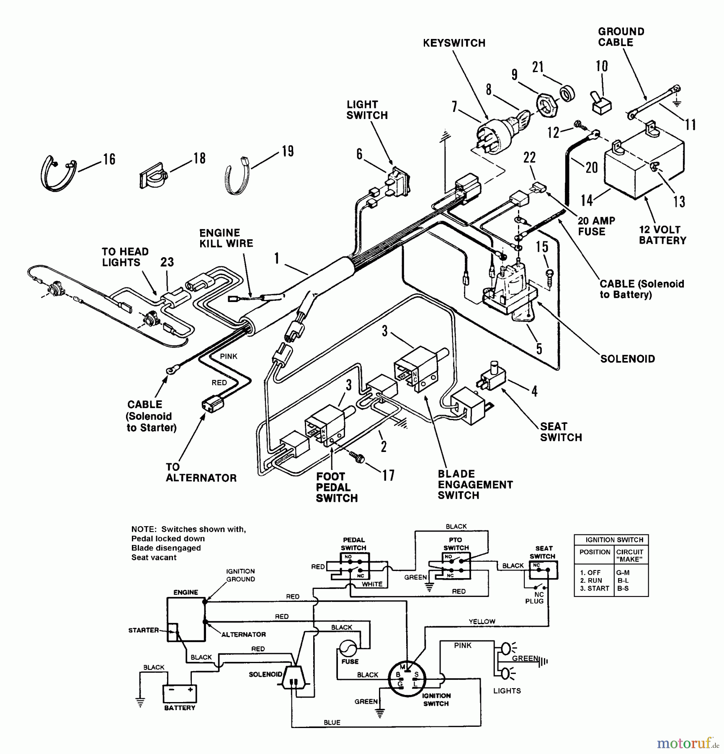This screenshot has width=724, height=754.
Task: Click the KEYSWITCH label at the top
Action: tap(454, 43)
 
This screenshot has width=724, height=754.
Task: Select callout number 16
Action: tap(109, 159)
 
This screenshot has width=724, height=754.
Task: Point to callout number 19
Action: tap(288, 151)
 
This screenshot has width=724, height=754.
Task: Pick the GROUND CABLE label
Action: tap(621, 37)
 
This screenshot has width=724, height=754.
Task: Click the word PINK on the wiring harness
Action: tap(229, 356)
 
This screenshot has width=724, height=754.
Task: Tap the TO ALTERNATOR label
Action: tap(201, 472)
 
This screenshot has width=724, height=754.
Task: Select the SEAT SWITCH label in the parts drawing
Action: tap(561, 432)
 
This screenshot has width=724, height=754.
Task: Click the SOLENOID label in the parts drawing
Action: tap(627, 359)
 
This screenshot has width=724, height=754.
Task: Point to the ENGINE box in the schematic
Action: tap(186, 619)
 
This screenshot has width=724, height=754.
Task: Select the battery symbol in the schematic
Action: tap(180, 694)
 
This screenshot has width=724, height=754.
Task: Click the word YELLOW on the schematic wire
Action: tap(482, 621)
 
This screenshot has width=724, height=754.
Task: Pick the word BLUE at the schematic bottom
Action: tap(332, 723)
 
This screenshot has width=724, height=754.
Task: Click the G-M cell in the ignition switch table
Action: tap(623, 572)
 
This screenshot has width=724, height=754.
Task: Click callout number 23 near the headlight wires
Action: tap(167, 262)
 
